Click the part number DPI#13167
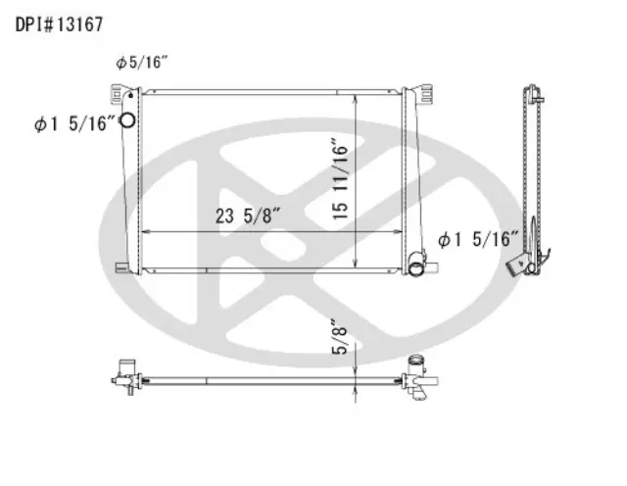click(59, 22)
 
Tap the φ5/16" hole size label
click(142, 63)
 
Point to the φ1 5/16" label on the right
click(478, 238)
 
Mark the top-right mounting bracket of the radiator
click(423, 94)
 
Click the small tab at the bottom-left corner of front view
click(119, 266)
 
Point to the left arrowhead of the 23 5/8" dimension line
click(147, 231)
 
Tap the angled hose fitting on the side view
click(515, 265)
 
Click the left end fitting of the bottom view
click(124, 375)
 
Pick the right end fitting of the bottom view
click(419, 376)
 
